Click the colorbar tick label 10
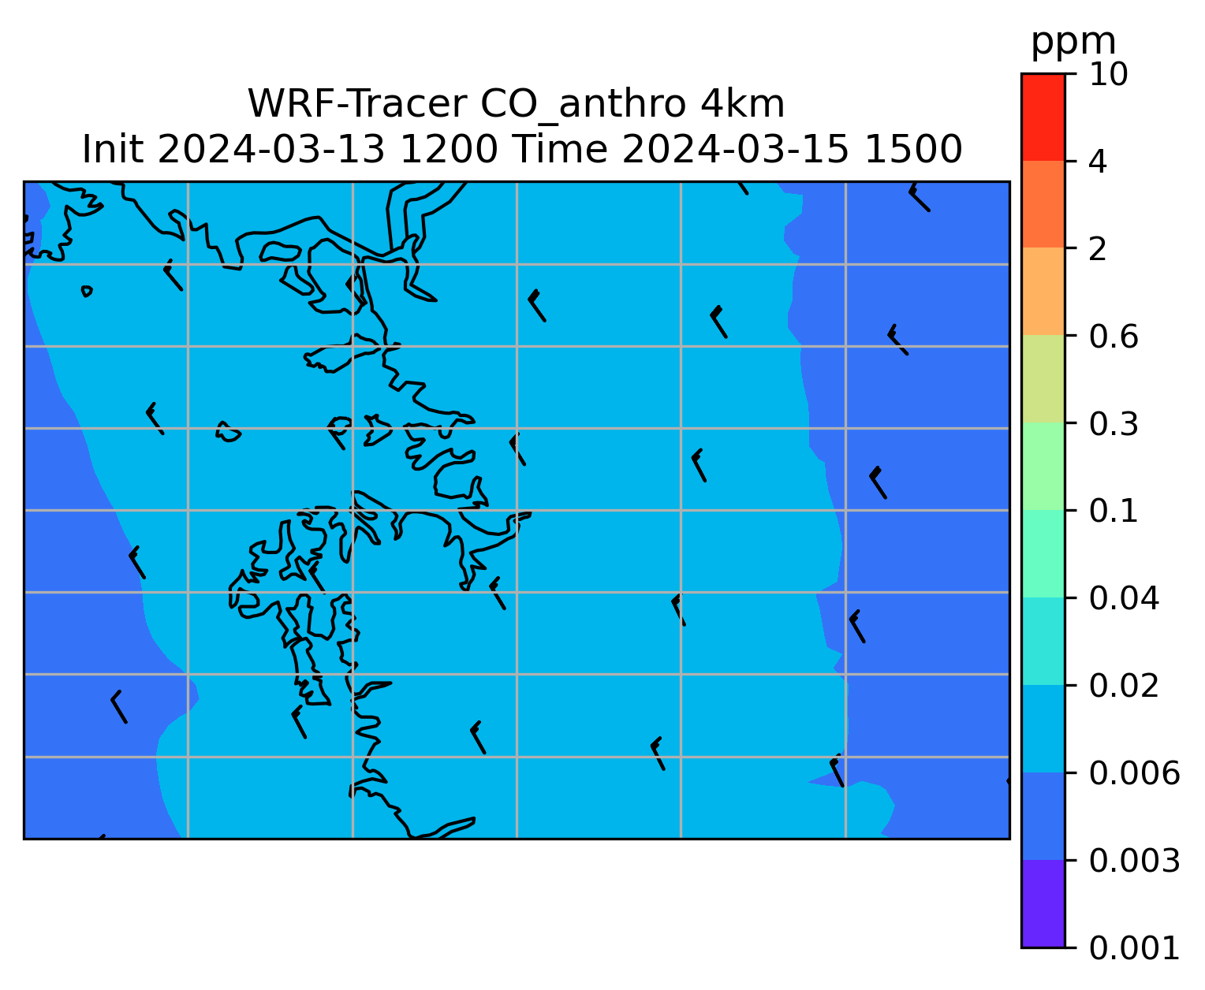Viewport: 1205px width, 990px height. tap(1108, 74)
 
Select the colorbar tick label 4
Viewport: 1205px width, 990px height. tap(1098, 162)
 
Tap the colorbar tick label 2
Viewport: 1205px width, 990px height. tap(1098, 249)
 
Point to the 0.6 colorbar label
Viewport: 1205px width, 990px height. tap(1114, 337)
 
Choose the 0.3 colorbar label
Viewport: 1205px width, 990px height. tap(1114, 423)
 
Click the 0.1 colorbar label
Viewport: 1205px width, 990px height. tap(1113, 511)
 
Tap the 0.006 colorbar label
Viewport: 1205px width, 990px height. tap(1134, 773)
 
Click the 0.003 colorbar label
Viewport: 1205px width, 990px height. tap(1134, 861)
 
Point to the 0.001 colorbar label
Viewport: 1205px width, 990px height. tap(1134, 948)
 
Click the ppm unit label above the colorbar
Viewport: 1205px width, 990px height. tap(1073, 43)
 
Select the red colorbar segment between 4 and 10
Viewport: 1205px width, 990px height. tap(1043, 117)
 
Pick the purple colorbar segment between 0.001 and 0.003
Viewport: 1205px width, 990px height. tap(1043, 904)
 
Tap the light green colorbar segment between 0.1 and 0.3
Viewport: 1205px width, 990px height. tap(1043, 467)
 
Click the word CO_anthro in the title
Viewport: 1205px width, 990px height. tap(583, 106)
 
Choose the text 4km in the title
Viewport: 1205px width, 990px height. tap(742, 104)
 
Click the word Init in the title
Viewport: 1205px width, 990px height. tap(113, 150)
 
